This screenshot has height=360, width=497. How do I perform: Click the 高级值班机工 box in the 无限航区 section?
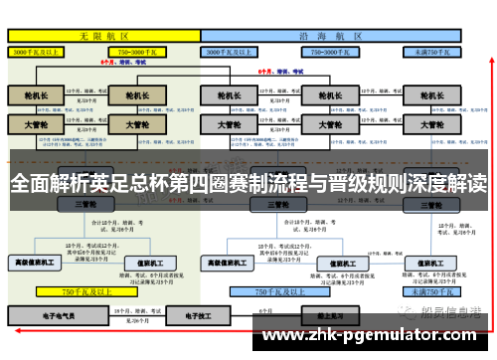coord(36,264)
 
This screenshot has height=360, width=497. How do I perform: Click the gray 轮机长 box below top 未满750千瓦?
coord(431,96)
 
